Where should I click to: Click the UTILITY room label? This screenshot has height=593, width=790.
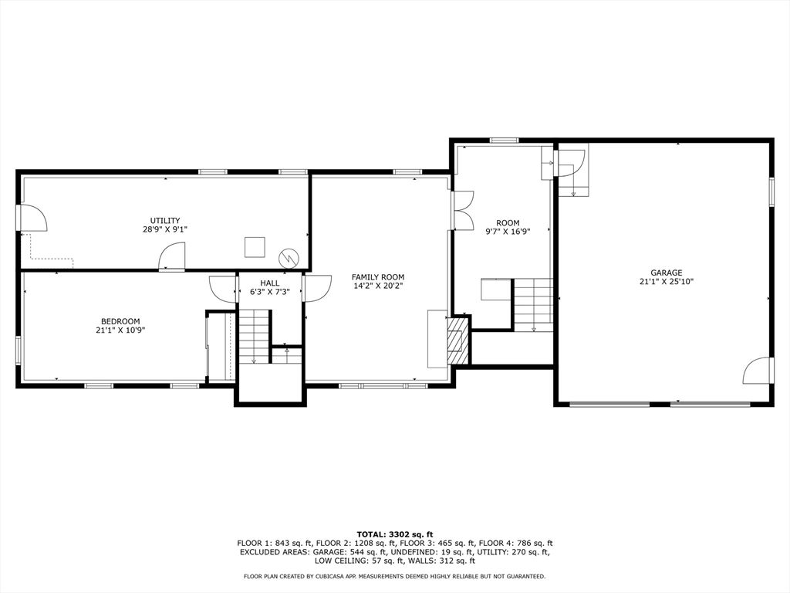point(165,221)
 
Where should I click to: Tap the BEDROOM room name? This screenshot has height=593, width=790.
point(120,321)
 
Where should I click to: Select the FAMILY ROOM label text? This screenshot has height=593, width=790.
point(378,277)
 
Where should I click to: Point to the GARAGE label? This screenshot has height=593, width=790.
point(666,273)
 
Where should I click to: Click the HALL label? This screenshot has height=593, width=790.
point(270,283)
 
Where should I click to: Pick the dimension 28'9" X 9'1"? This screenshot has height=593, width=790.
point(165,229)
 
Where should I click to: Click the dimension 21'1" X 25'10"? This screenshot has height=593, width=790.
point(666,282)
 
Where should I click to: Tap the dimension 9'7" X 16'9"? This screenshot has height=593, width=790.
point(508,232)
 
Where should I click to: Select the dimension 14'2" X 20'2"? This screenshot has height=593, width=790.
point(378,286)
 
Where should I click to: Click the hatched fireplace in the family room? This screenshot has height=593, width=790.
point(459,340)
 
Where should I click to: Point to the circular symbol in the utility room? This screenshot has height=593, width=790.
point(289,257)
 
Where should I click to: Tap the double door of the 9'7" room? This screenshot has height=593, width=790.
point(463,210)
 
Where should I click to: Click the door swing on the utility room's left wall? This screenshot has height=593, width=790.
point(33,218)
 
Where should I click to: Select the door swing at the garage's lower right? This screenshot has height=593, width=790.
point(757,371)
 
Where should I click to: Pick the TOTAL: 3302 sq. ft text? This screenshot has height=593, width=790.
point(395,534)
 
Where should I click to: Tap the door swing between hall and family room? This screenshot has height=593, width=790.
point(317,287)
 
